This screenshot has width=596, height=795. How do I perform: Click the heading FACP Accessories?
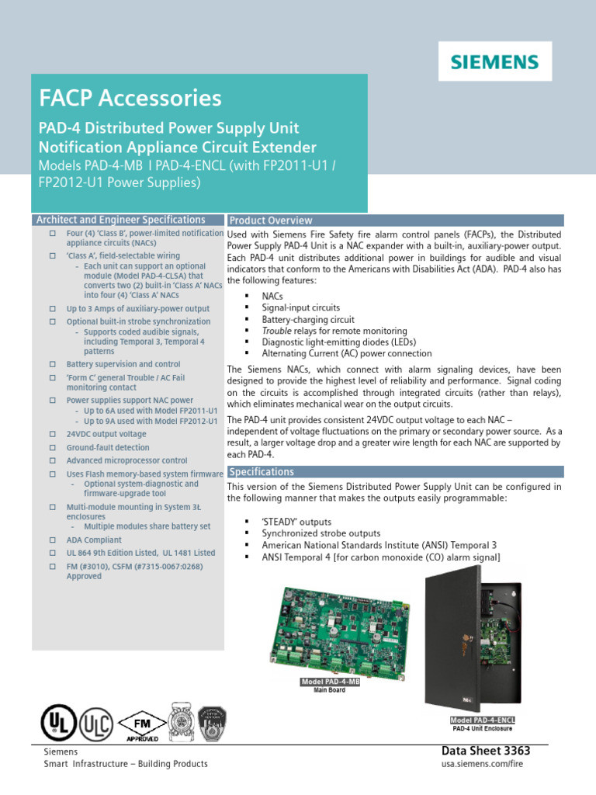[x=130, y=99]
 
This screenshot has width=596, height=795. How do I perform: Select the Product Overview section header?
[x=271, y=220]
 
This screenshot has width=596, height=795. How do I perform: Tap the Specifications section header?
[x=262, y=472]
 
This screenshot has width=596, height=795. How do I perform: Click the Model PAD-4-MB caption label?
[x=330, y=682]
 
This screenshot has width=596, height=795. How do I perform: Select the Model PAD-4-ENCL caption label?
[x=483, y=720]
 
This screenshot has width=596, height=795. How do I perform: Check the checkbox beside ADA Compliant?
[x=53, y=540]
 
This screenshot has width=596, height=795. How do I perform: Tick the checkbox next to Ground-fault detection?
[x=53, y=448]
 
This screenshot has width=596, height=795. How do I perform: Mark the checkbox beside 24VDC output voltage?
[x=53, y=435]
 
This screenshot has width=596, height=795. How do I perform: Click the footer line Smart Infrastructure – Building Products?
[x=126, y=764]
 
